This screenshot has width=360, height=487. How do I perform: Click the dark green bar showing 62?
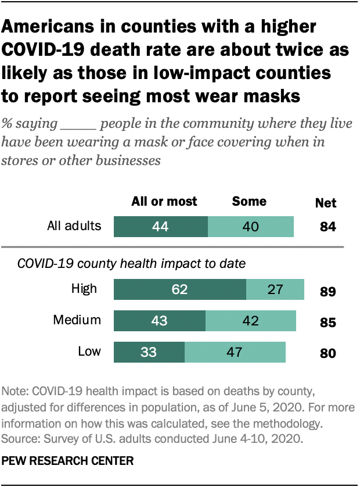[180, 289]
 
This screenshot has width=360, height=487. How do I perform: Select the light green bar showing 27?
[275, 289]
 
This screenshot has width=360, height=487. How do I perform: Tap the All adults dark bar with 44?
[161, 226]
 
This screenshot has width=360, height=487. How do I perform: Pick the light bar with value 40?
[251, 226]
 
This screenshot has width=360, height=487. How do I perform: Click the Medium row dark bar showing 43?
[160, 320]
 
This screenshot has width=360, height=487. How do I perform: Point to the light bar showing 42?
[251, 320]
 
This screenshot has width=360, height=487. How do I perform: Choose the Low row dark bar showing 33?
[149, 352]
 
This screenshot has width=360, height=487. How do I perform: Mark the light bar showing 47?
[235, 352]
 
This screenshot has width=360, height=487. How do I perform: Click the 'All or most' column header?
[164, 202]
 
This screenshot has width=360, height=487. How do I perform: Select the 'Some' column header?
[249, 202]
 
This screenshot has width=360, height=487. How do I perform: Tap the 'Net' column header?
[326, 203]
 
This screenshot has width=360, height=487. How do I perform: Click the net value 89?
[327, 291]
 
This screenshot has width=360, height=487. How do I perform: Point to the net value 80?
[327, 353]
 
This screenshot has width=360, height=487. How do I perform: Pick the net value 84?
[327, 227]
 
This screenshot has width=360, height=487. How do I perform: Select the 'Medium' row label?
[77, 320]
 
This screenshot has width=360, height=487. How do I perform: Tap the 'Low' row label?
[89, 351]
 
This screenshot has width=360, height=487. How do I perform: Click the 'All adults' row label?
[74, 226]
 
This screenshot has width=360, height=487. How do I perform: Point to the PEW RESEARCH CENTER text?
[68, 461]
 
